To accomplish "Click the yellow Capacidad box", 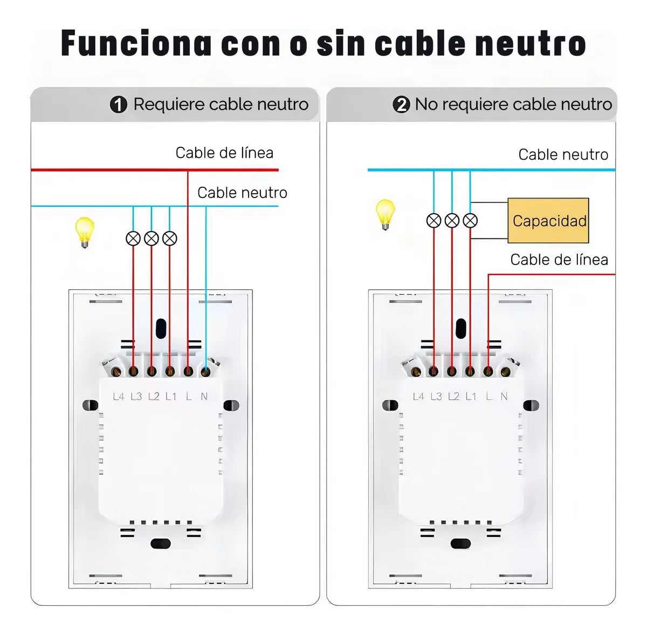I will tap(548, 221).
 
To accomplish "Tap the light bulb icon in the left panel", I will tap(85, 231).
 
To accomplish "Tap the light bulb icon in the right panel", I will tap(385, 214).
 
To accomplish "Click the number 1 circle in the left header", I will tap(118, 104).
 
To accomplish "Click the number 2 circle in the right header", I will tap(401, 104).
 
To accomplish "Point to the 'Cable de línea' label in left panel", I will tap(224, 153).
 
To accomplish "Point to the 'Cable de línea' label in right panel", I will tap(559, 260).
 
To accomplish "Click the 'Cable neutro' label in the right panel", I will tap(563, 155).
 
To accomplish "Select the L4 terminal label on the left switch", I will tap(119, 397).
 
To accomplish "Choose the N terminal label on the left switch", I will tap(204, 397).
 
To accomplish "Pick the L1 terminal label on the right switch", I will tap(471, 397).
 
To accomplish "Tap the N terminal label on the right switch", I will tap(504, 397).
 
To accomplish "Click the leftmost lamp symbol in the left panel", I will tap(133, 238).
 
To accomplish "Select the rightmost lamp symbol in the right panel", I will tap(470, 221).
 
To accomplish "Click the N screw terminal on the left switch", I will tap(205, 371).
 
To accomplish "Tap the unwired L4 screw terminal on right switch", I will tap(416, 371).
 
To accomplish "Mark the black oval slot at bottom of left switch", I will tap(160, 543).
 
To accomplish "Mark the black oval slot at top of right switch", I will tap(460, 328).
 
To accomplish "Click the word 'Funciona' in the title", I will tap(136, 44).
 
